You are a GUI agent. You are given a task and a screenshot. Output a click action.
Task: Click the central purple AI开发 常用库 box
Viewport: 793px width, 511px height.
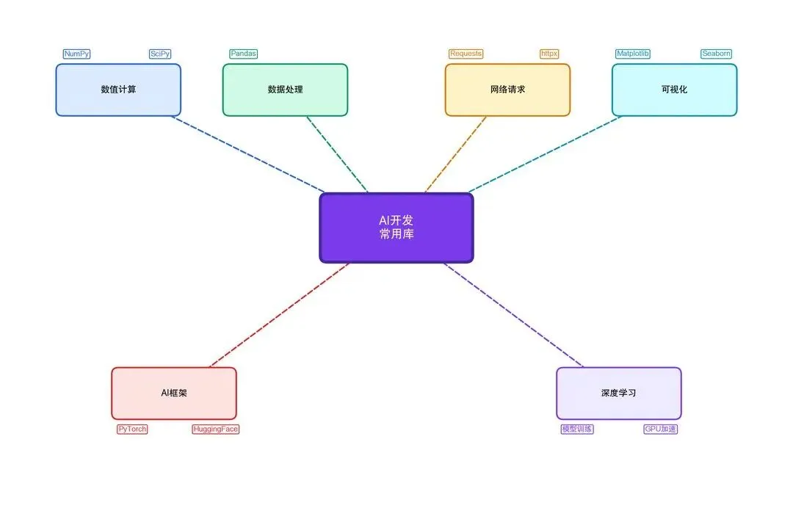coord(396,228)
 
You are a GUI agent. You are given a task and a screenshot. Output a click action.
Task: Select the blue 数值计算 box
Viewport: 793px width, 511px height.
coord(118,90)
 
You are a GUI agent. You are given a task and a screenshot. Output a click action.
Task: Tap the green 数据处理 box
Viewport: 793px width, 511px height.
coord(285,90)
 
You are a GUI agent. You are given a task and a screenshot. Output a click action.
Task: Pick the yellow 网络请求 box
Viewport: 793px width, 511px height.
coord(507,90)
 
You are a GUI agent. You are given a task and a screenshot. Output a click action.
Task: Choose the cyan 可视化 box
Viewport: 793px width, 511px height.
coord(674,90)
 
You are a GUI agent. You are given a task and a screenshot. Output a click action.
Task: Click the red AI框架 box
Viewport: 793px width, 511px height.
coord(174,393)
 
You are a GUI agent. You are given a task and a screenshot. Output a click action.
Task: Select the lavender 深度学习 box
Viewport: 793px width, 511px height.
coord(618,393)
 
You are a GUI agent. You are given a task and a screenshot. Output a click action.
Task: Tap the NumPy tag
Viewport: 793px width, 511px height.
coord(76,54)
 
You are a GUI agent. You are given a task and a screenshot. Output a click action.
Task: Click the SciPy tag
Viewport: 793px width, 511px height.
coord(160,54)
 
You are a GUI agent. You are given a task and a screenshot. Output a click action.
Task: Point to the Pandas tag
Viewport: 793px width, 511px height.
coord(243,54)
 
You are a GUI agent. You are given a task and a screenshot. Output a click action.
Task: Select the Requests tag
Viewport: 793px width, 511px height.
coord(466,54)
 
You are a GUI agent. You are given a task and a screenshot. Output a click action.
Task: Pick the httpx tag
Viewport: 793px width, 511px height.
coord(549,54)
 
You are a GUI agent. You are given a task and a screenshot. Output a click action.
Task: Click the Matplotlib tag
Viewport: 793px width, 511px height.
coord(632,54)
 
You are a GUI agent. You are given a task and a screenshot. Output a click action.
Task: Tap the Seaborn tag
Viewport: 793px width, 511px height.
coord(716,54)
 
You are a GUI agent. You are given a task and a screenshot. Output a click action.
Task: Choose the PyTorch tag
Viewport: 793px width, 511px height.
coord(132,429)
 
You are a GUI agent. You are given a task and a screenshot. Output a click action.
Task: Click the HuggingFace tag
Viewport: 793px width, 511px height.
coord(215,429)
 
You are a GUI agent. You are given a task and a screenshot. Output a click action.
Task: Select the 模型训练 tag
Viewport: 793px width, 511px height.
coord(576,429)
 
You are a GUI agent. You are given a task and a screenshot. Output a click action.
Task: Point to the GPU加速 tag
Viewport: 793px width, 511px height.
coord(660,429)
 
